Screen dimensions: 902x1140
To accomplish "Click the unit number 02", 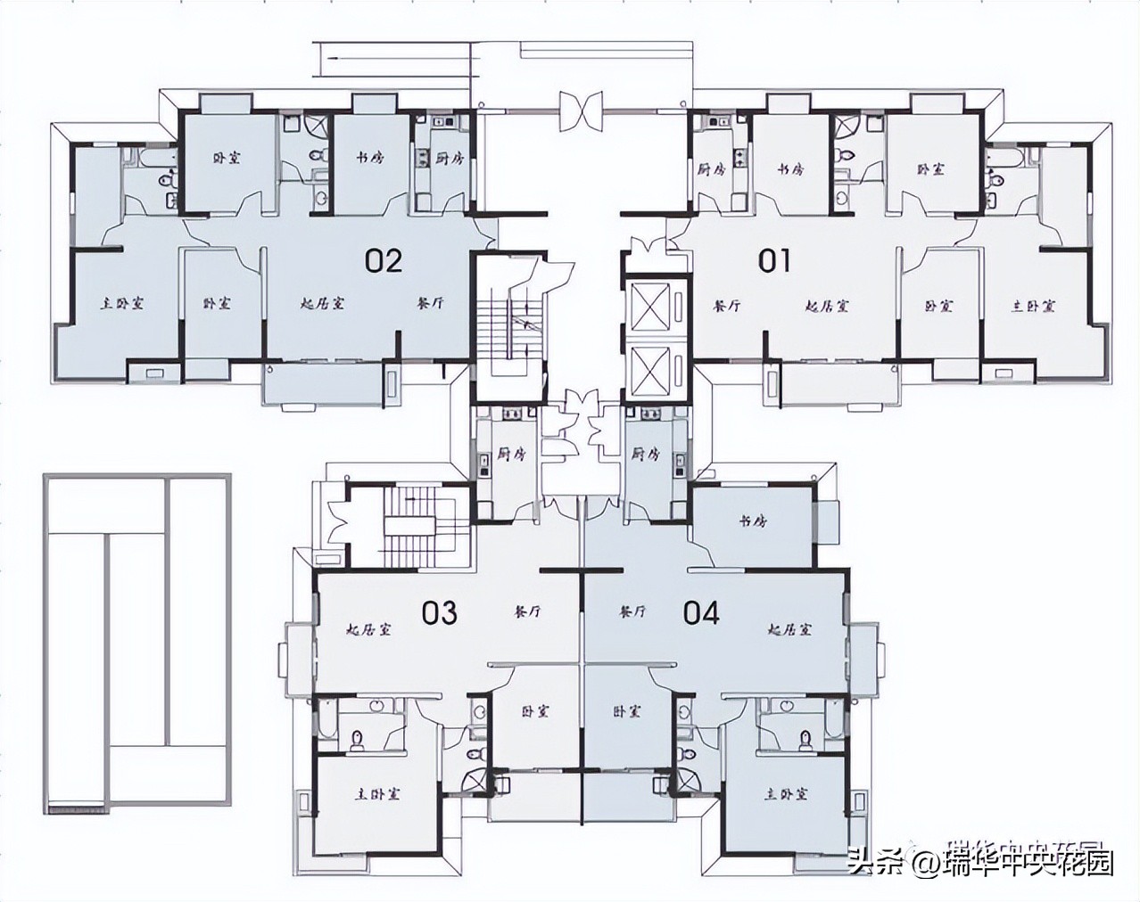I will pos(384,260).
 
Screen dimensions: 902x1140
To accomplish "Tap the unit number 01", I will pos(774,260).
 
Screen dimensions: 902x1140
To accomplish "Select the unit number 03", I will pos(439,612).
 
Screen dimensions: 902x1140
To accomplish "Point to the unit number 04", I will pos(701,612).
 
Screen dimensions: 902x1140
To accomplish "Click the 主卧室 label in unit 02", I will pos(122,304).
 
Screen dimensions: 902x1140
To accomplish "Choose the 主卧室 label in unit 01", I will pos(1033,306).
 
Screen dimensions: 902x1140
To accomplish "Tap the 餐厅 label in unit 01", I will pos(728,306).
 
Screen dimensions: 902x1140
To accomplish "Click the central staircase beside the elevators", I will pos(505,328).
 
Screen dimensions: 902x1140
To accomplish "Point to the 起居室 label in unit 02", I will pos(322,304).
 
